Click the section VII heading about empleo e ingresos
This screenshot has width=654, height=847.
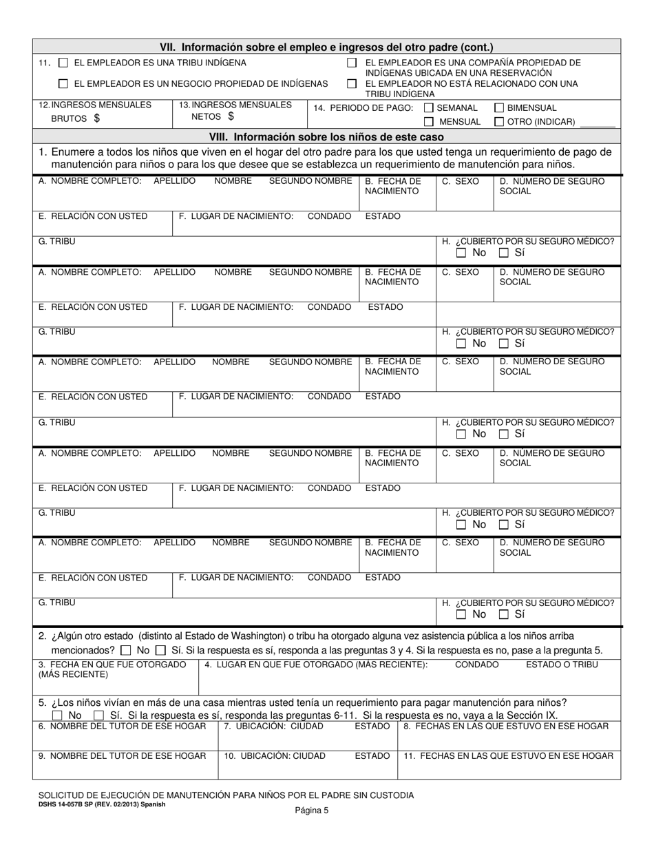(326, 48)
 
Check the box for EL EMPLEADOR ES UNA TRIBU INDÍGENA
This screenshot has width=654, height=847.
(63, 63)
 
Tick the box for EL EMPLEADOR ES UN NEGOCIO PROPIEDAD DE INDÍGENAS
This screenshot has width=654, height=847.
(63, 84)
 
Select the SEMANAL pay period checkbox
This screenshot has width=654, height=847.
(429, 108)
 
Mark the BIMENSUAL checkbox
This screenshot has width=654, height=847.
(500, 108)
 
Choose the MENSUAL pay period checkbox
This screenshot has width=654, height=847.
(429, 122)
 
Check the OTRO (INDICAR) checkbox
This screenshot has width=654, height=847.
(500, 122)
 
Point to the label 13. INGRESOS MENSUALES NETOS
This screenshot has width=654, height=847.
(235, 110)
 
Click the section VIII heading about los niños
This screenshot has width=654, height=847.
(326, 136)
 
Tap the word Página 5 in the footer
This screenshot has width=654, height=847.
(313, 811)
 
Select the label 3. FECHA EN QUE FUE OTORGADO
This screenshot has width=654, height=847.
(112, 669)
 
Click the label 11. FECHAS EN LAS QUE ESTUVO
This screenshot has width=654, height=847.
(508, 755)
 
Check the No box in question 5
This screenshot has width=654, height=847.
(58, 715)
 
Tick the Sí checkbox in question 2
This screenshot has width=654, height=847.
(160, 650)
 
